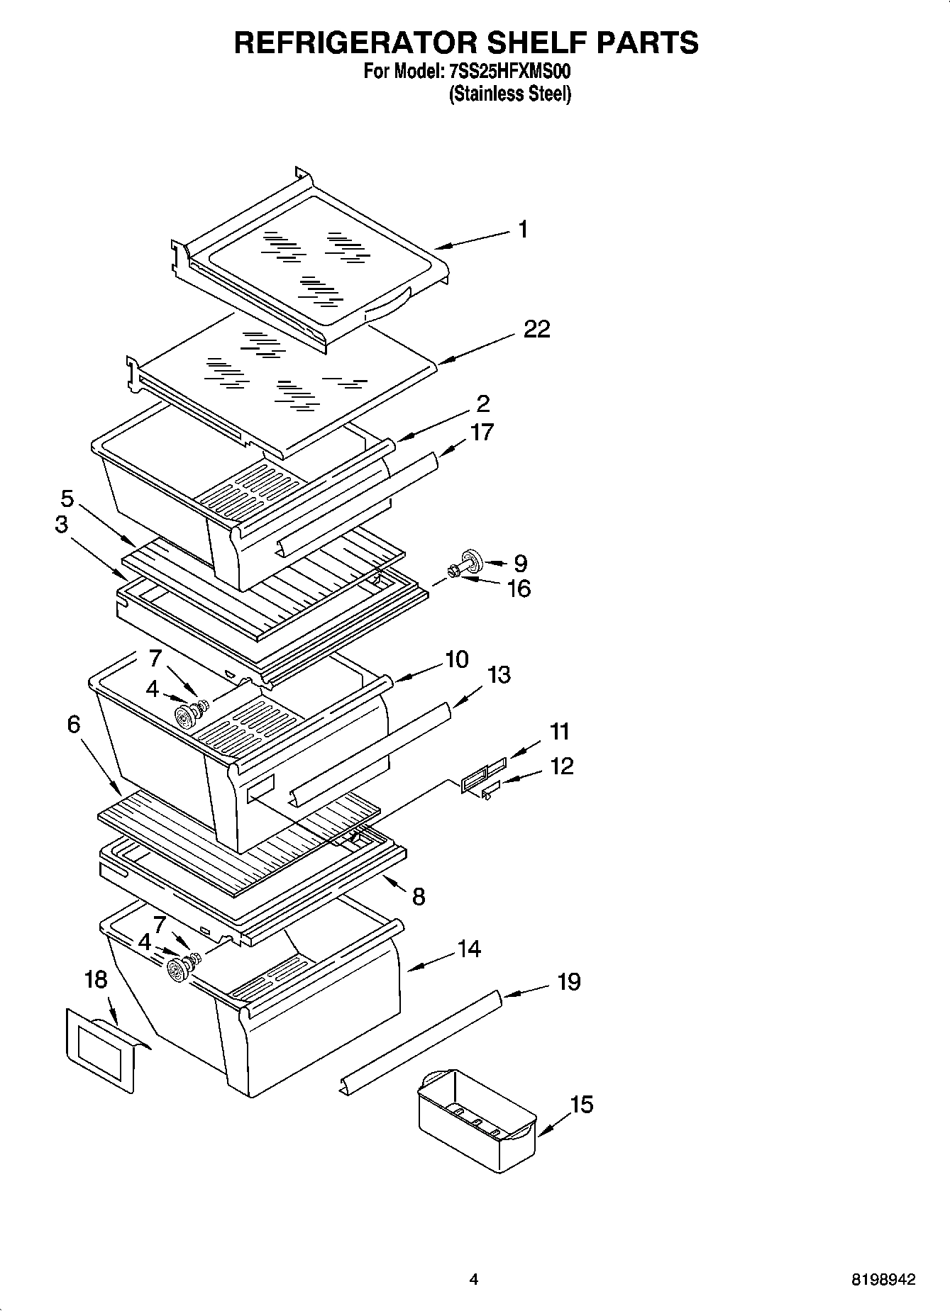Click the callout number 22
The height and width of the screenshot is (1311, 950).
coord(537,330)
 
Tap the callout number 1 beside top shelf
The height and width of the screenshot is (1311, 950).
coord(523,230)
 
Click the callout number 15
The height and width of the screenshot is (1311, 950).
coord(581,1104)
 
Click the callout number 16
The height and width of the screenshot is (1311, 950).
coord(519,588)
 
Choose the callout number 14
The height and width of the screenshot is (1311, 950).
coord(469,949)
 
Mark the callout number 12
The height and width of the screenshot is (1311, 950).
coord(561,766)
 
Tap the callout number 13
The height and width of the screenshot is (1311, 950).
coord(499,674)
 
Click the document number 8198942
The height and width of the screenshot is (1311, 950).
coord(883,1280)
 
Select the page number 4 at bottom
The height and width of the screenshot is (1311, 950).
coord(474,1280)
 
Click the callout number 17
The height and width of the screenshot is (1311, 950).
coord(482,432)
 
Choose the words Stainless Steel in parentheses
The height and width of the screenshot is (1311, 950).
coord(510,94)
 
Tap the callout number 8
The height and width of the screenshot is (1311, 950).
coord(419,897)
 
